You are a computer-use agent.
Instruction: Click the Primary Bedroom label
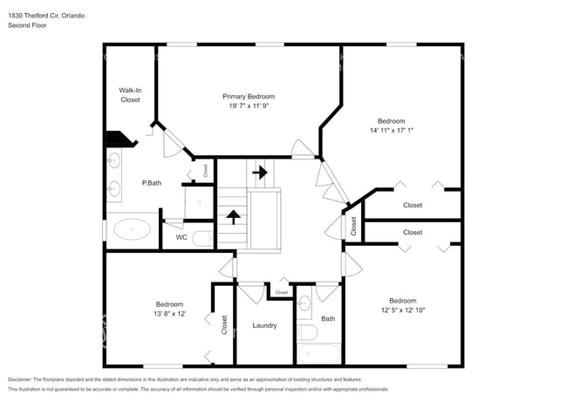(x=249, y=97)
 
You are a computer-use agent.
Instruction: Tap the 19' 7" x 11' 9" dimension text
(x=249, y=107)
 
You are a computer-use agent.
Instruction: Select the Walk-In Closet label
(x=130, y=95)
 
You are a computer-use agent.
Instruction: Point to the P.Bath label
(x=152, y=183)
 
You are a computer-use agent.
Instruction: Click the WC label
(x=181, y=237)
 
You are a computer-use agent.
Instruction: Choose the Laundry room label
(x=264, y=326)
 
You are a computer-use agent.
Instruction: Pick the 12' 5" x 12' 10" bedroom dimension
(x=402, y=310)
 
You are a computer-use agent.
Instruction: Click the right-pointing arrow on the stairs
(x=259, y=173)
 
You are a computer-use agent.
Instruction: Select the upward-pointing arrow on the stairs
(x=233, y=215)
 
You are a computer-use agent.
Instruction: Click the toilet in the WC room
(x=202, y=237)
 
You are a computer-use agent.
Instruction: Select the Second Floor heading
(x=27, y=25)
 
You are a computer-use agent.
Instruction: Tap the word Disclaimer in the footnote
(x=24, y=380)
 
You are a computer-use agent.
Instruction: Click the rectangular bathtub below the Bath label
(x=318, y=353)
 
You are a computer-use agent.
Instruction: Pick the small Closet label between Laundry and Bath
(x=281, y=293)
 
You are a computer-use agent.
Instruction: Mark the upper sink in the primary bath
(x=114, y=160)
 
